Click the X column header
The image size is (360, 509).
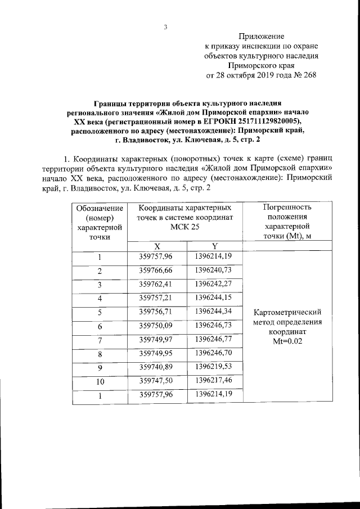point(157,246)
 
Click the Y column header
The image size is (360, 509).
point(215,246)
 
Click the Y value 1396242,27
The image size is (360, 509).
point(214,283)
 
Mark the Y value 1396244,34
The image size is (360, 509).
point(214,311)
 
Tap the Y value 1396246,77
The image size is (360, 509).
point(214,339)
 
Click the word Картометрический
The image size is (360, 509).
point(287,312)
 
